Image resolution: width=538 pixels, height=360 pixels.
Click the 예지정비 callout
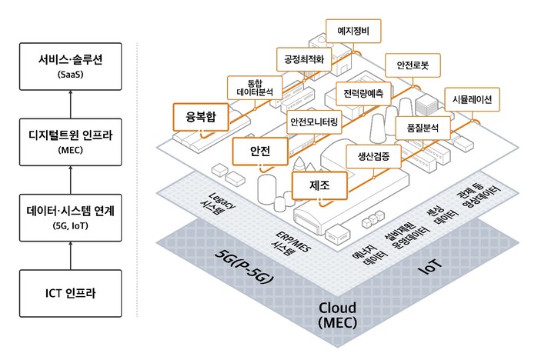click(x=354, y=31)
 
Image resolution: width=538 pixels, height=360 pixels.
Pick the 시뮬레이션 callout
click(x=473, y=99)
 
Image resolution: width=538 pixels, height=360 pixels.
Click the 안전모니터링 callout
click(x=313, y=121)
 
